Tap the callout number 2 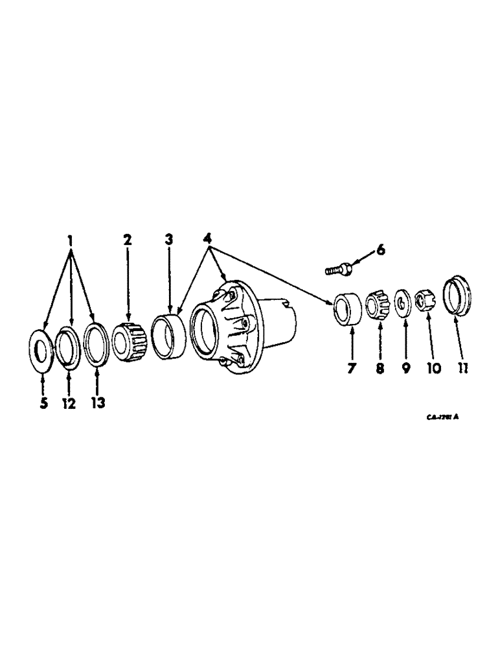pyautogui.click(x=128, y=239)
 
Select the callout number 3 pyautogui.click(x=169, y=239)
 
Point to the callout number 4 pyautogui.click(x=209, y=239)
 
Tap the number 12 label pyautogui.click(x=69, y=403)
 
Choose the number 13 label pyautogui.click(x=98, y=402)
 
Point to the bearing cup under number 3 pyautogui.click(x=168, y=334)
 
